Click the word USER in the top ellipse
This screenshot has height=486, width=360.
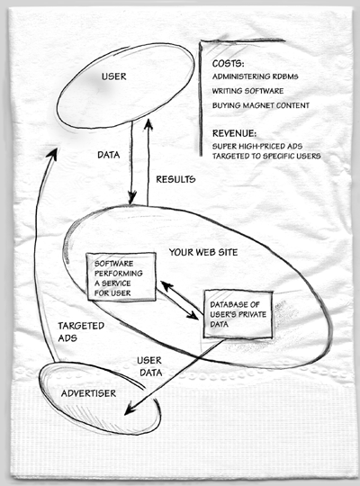[x=113, y=76]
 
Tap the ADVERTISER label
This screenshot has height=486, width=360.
[x=88, y=393]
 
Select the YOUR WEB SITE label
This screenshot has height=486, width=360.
[x=203, y=252]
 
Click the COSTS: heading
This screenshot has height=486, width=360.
[x=229, y=64]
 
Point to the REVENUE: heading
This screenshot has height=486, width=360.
[x=234, y=133]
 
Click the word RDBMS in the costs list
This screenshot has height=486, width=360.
[x=285, y=76]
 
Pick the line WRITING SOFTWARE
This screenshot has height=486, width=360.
[x=247, y=91]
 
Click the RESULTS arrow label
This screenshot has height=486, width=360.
[x=175, y=179]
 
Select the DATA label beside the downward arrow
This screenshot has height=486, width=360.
[x=109, y=155]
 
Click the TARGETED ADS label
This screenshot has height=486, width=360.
[x=81, y=331]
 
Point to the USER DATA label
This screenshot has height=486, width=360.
[x=149, y=366]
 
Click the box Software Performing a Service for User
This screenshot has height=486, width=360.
[x=121, y=276]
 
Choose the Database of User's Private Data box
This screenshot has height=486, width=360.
[x=238, y=314]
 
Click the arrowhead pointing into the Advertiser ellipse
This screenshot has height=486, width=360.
[x=130, y=409]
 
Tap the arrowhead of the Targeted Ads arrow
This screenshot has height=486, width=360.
[x=52, y=153]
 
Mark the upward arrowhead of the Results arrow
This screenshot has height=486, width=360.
[x=148, y=124]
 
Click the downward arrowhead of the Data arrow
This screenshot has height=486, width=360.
[x=132, y=198]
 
